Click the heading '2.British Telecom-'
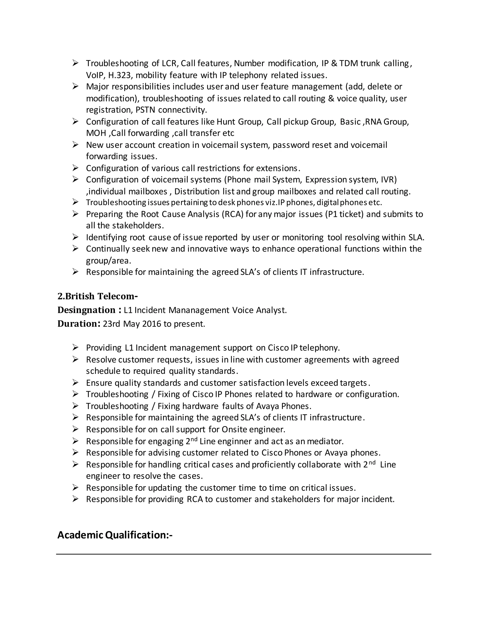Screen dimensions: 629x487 pos(97,296)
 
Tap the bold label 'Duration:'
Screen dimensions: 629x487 pos(79,324)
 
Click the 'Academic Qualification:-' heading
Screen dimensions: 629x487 pos(115,535)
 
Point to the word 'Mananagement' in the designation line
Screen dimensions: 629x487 pos(199,310)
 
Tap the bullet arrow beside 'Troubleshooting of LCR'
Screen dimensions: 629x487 pos(75,63)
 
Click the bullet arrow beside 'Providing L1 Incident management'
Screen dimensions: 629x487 pos(75,348)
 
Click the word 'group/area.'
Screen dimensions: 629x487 pos(108,261)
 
